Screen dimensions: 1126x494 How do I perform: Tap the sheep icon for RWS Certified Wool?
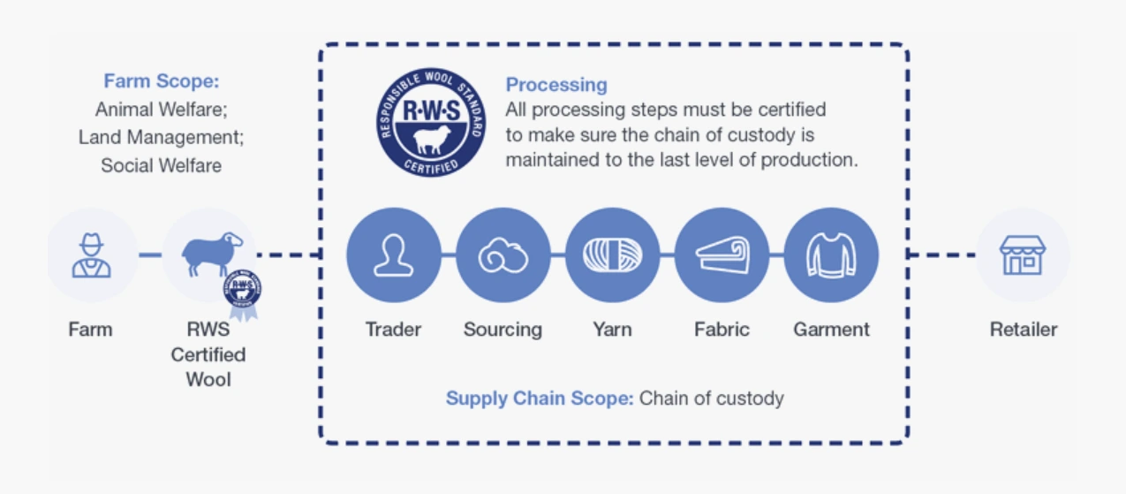[211, 254]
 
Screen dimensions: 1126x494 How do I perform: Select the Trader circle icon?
[393, 255]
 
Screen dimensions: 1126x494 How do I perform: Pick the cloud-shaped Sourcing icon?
[503, 255]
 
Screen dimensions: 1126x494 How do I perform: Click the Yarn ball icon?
[612, 255]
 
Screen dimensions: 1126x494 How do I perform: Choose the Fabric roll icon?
[722, 255]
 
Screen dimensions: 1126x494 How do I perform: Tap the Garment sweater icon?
[831, 255]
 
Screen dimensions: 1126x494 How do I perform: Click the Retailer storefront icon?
[1023, 255]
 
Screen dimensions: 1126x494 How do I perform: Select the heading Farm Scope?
[161, 81]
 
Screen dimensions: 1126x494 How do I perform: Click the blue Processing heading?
[556, 85]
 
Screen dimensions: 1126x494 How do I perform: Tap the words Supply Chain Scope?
[539, 398]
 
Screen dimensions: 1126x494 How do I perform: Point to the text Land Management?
[161, 137]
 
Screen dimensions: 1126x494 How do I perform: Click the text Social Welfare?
[161, 165]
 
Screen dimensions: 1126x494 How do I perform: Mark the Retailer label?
[1023, 330]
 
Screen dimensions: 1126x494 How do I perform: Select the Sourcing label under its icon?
[503, 330]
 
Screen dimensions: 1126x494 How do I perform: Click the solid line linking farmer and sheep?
[150, 255]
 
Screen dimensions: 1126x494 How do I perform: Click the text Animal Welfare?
[161, 110]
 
